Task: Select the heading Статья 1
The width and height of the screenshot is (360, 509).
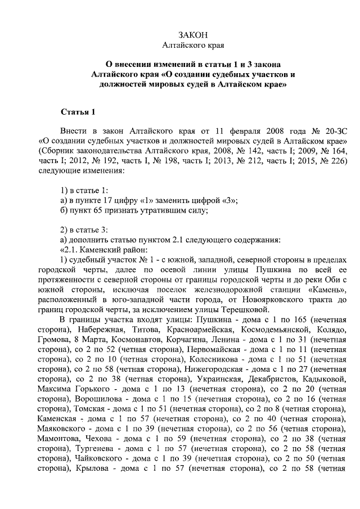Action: tap(78, 110)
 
